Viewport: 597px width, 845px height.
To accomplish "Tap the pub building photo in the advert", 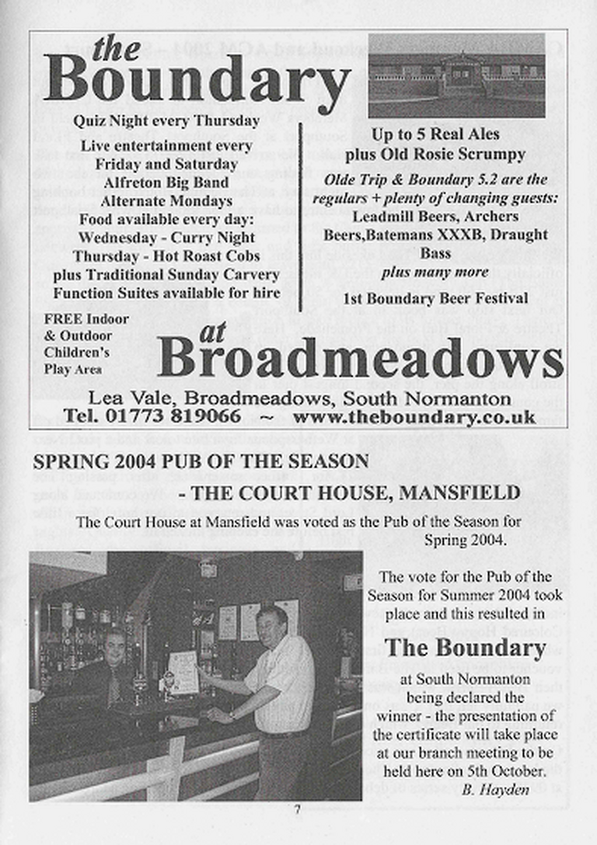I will (456, 75).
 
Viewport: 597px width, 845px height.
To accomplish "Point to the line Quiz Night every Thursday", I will (166, 121).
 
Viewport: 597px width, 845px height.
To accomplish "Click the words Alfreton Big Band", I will (166, 183).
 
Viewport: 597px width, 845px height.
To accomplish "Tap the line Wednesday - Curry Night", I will (166, 238).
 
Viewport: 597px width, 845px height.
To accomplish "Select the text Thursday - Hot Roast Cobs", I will (166, 256).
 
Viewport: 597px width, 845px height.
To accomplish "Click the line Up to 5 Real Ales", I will (435, 135).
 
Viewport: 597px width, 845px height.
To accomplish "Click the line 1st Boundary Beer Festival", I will (435, 298).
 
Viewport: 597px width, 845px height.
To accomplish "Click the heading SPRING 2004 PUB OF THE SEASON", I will (201, 461).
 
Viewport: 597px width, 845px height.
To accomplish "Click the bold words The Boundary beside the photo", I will (465, 648).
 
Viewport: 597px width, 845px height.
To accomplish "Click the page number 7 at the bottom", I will (297, 810).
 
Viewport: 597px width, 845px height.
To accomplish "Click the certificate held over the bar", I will (183, 669).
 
